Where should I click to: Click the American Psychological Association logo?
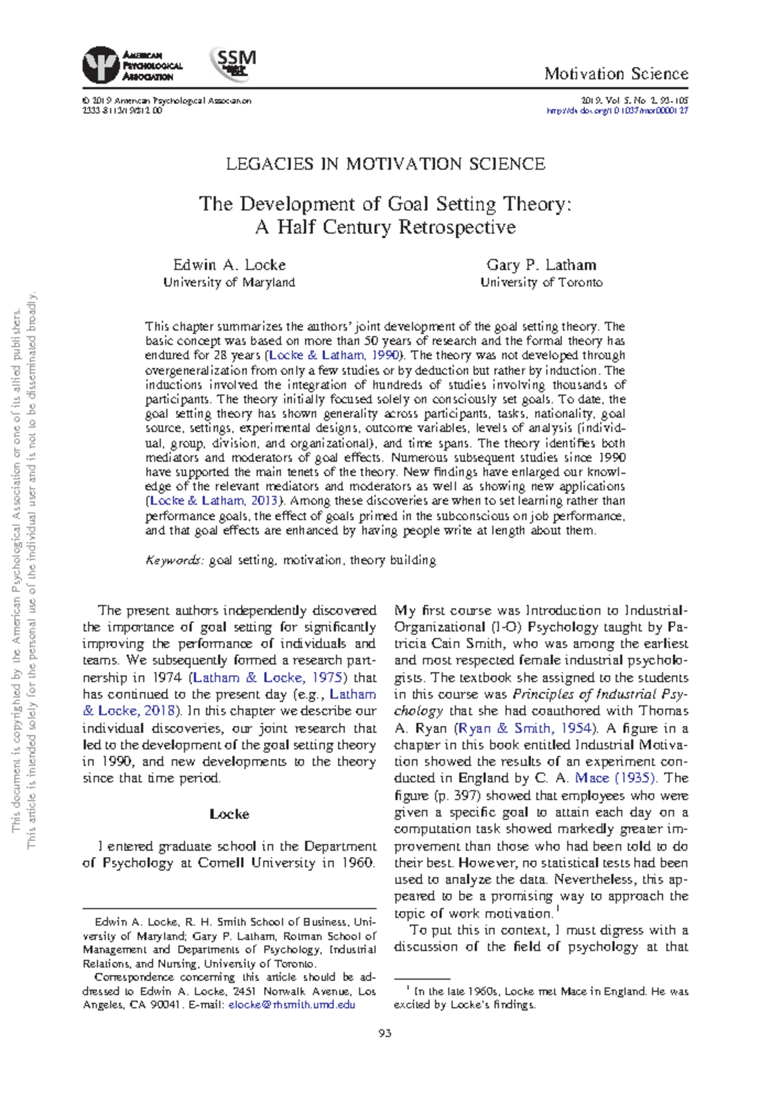[x=132, y=65]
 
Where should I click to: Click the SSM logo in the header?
[x=234, y=64]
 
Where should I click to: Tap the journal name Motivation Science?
[x=616, y=74]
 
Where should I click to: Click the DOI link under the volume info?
[x=617, y=111]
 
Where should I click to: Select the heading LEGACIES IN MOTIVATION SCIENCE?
[x=385, y=164]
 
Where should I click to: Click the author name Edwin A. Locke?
[x=229, y=265]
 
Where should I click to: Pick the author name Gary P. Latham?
[x=541, y=265]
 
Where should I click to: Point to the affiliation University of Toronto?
[x=541, y=282]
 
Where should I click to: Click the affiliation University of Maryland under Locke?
[x=229, y=282]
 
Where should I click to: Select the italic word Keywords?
[x=174, y=560]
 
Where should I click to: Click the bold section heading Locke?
[x=229, y=814]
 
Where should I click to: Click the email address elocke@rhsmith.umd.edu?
[x=292, y=1005]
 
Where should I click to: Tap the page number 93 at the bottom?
[x=385, y=1033]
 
